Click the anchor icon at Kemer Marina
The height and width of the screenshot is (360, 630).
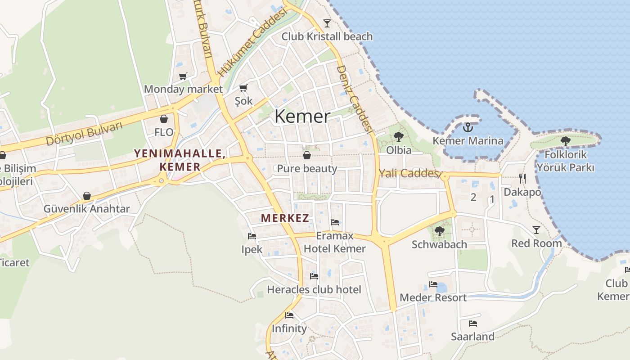(468, 127)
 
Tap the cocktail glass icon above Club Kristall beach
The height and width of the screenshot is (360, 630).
(327, 23)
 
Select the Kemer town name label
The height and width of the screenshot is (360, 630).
(302, 116)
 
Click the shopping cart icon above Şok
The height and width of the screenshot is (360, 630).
(243, 88)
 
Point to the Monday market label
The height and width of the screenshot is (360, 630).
(183, 89)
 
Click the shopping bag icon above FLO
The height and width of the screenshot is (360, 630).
(164, 119)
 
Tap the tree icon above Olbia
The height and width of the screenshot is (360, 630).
(398, 136)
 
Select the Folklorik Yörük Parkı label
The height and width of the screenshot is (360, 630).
(565, 161)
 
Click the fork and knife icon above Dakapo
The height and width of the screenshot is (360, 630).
(522, 179)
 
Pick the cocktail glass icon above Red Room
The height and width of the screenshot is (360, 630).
(536, 230)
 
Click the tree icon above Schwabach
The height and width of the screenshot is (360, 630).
(439, 231)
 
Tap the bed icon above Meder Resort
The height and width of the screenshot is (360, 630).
(433, 284)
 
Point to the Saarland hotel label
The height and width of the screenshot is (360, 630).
(472, 337)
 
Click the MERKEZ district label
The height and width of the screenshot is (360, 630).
(285, 218)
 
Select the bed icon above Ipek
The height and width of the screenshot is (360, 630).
(252, 236)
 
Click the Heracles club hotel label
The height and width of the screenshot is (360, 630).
(314, 289)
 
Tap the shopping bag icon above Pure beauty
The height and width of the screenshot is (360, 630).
(307, 155)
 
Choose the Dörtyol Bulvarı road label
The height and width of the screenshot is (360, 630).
(84, 134)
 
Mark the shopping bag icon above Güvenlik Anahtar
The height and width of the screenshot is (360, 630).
(86, 196)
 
